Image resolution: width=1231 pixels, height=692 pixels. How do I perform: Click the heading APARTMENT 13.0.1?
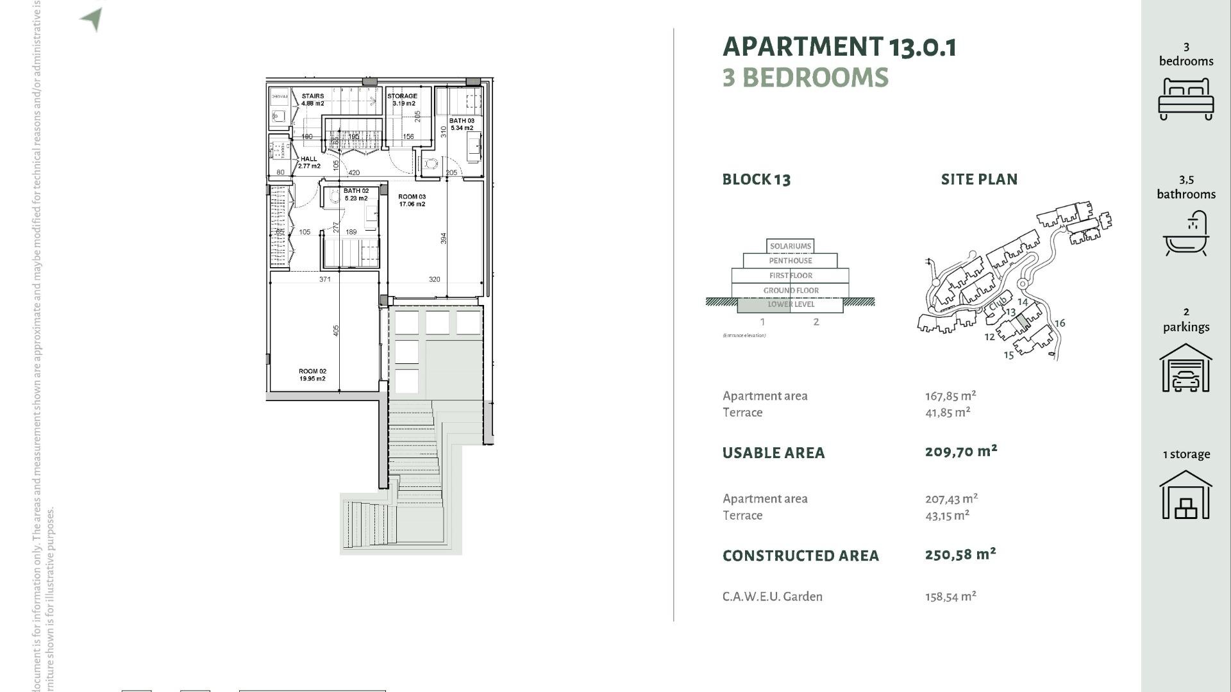click(x=839, y=47)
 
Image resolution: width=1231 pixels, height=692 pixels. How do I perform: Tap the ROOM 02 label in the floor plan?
click(x=312, y=375)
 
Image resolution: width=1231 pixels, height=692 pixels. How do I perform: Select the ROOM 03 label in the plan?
click(x=412, y=201)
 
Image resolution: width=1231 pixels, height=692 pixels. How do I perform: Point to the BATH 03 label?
click(x=462, y=124)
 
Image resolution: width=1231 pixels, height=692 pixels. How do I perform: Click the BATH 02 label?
click(x=356, y=194)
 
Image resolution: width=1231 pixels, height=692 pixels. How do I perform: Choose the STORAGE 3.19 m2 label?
click(x=402, y=99)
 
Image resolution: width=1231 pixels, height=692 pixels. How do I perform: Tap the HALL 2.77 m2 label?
click(x=309, y=162)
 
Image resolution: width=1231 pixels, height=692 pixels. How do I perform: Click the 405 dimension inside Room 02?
click(x=336, y=331)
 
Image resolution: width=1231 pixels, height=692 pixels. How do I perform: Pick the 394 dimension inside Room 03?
click(x=443, y=238)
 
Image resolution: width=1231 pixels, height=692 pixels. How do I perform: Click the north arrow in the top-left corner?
click(x=92, y=19)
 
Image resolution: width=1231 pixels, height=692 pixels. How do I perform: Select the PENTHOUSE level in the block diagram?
click(x=790, y=261)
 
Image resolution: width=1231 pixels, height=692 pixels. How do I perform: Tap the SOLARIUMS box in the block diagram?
click(x=790, y=246)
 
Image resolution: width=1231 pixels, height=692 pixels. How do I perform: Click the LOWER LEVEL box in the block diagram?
click(x=791, y=304)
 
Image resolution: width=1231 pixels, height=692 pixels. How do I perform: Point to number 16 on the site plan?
click(x=1060, y=323)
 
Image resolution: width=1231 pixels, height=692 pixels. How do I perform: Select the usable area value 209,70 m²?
click(x=960, y=452)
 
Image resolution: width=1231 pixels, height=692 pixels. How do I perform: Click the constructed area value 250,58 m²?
click(x=960, y=555)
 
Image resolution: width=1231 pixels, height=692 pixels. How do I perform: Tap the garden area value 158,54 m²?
click(x=950, y=597)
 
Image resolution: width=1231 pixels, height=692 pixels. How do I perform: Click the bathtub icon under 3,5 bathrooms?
click(x=1185, y=234)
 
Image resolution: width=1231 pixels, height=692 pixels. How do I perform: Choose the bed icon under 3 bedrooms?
click(x=1185, y=99)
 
